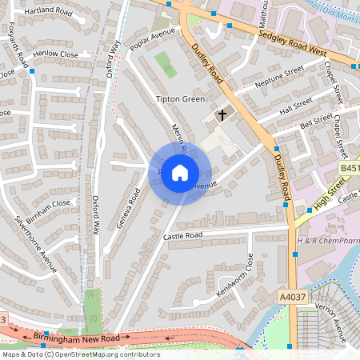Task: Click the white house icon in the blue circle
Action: [x=180, y=172]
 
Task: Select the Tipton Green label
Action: [x=181, y=99]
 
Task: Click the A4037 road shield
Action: [x=291, y=296]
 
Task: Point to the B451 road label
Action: [x=350, y=169]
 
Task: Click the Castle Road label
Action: [x=183, y=236]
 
